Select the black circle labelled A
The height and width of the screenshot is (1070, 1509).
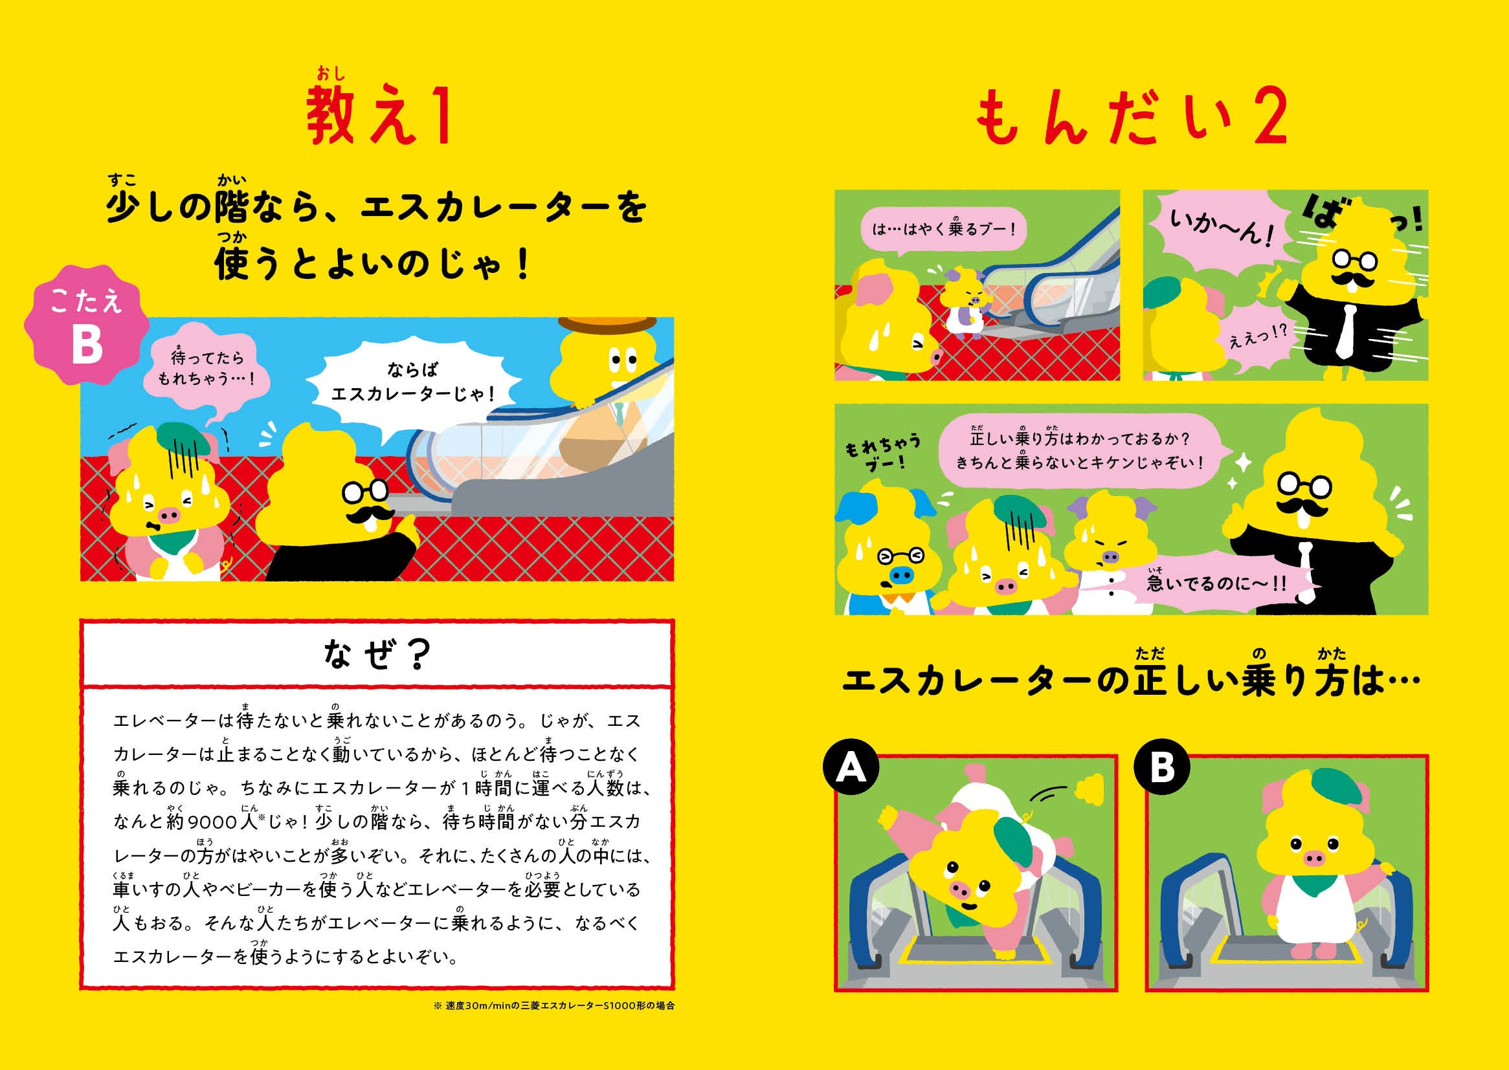coord(851,768)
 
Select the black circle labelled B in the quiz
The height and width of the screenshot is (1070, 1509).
coord(1161,768)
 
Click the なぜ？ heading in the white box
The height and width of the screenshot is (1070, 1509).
coord(377,654)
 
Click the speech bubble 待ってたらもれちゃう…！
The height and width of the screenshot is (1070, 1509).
coord(206,369)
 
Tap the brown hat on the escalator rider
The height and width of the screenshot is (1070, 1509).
coord(607,325)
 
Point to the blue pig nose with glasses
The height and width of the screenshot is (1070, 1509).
coord(900,576)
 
